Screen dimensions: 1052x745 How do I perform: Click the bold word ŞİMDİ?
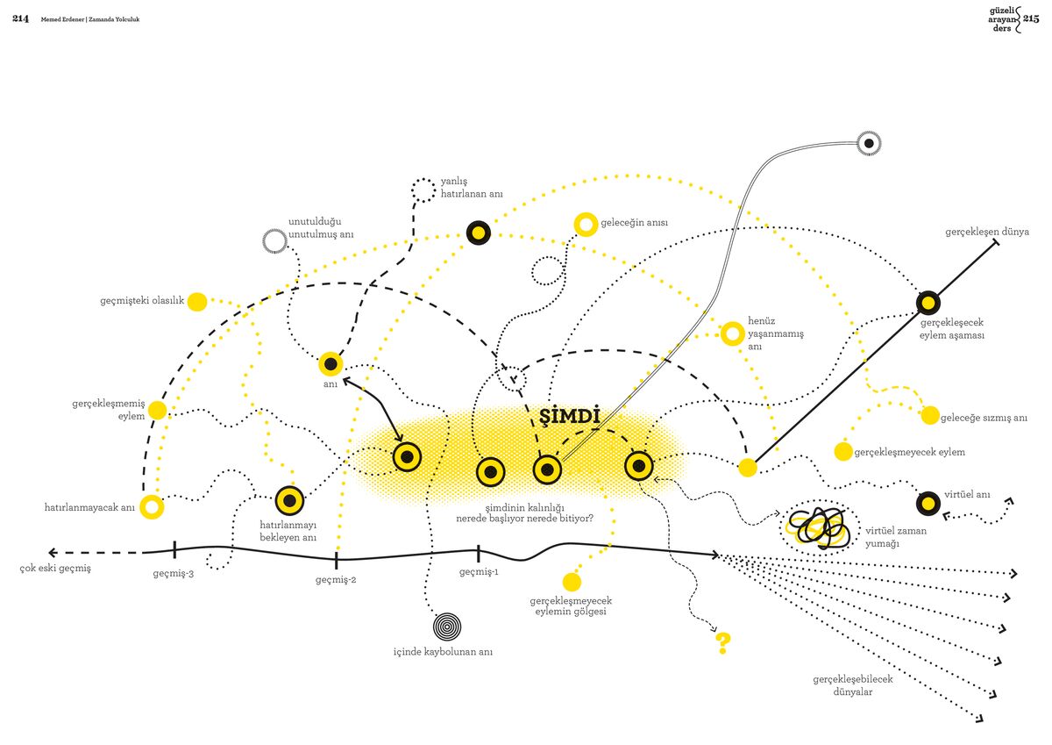coord(569,417)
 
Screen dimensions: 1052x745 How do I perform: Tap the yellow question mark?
coord(722,643)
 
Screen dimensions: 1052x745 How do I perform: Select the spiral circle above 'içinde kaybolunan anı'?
coord(446,627)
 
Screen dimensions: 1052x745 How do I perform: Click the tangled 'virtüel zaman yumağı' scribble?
coord(820,528)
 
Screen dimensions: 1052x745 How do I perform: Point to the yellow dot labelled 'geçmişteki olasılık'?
coord(197,302)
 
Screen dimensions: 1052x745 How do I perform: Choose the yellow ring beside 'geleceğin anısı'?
coord(586,225)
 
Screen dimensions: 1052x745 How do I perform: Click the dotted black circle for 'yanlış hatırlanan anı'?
coord(423,190)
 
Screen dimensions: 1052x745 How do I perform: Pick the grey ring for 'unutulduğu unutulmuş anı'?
coord(274,241)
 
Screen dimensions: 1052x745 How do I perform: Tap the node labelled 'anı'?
coord(331,364)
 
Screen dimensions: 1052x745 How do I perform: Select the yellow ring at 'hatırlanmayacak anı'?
coord(152,507)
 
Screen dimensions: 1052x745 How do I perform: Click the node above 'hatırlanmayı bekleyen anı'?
coord(290,500)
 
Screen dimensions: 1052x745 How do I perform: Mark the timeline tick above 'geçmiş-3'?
coord(174,549)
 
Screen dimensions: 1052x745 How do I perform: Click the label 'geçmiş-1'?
coord(479,571)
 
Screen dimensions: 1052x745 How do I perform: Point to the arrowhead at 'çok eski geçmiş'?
coord(53,552)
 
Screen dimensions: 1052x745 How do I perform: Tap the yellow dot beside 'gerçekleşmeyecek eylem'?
coord(843,452)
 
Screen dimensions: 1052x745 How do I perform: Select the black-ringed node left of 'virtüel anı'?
coord(928,504)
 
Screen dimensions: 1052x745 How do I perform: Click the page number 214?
coord(21,18)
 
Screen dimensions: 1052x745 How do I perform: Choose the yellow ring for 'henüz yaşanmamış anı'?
coord(732,333)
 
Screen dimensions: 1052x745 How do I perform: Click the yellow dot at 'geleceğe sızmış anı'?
coord(930,416)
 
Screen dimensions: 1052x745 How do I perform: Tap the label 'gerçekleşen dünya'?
coord(987,232)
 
